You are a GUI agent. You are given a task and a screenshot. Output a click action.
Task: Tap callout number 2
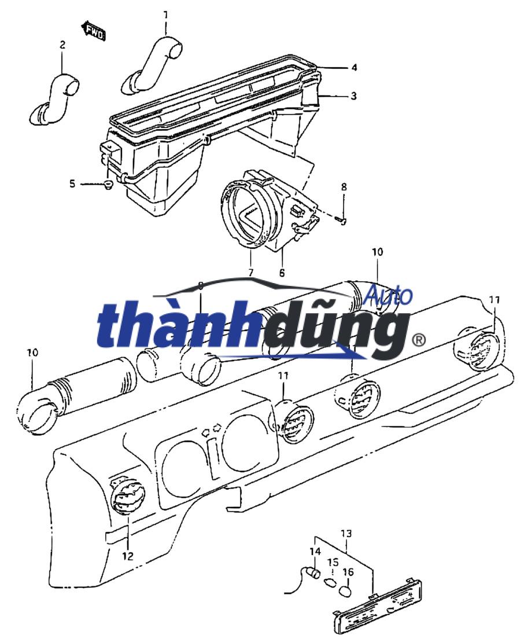tap(62, 45)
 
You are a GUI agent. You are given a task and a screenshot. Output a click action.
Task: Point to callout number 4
tap(353, 68)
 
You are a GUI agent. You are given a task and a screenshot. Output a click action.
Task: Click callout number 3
tap(353, 96)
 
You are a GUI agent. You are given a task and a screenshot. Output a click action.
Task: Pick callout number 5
tap(72, 184)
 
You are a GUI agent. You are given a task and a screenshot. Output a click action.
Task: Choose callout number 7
tap(251, 271)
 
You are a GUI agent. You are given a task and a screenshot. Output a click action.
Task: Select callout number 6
tap(282, 272)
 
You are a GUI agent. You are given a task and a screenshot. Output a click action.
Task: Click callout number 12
tap(128, 556)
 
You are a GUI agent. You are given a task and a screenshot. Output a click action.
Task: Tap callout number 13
tap(345, 532)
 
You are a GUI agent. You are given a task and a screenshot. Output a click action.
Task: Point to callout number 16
tap(348, 572)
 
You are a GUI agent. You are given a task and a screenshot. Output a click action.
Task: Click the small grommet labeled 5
tap(108, 185)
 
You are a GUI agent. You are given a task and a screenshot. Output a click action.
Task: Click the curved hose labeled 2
tap(54, 100)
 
